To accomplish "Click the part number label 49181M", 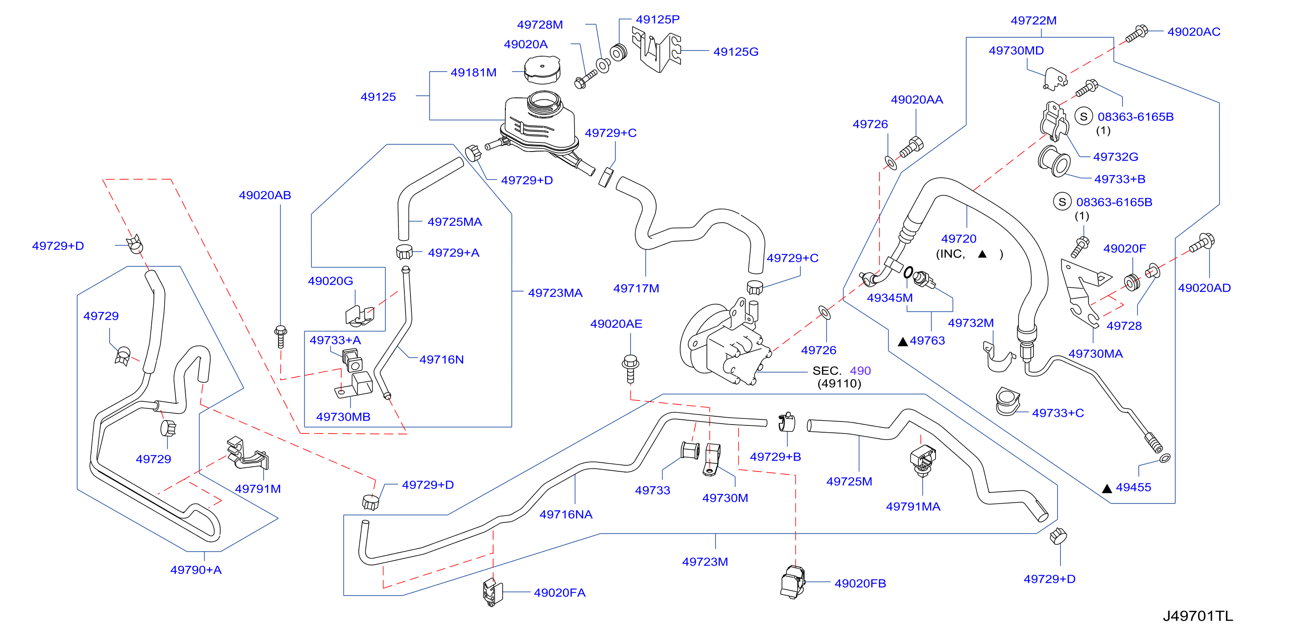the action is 473,73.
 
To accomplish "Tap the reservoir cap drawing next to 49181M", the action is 542,70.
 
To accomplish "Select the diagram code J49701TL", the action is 1197,616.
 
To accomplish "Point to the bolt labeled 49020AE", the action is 630,369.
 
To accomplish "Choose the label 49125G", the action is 736,52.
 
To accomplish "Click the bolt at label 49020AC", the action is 1136,33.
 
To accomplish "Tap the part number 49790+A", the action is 196,570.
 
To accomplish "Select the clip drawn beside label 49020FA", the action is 492,592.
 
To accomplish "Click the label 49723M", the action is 705,561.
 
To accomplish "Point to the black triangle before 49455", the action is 1107,488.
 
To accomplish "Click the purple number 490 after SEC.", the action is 860,371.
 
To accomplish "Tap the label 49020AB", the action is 265,195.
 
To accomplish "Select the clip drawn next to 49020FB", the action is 792,582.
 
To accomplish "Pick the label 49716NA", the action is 566,514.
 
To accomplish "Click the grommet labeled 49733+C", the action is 1008,401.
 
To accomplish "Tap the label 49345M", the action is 890,298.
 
